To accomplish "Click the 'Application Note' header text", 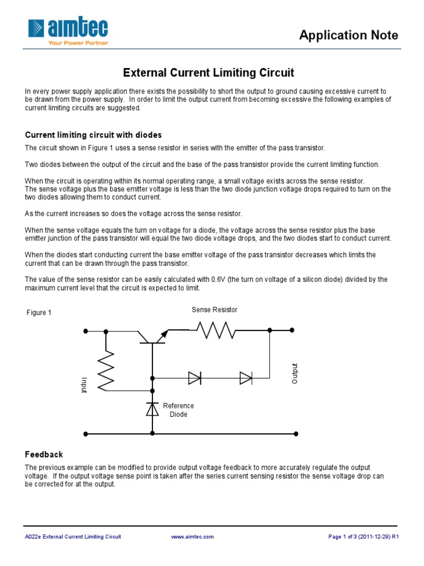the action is point(348,35).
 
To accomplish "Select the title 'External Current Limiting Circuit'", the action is point(208,72).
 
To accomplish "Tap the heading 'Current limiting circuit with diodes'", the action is point(93,135).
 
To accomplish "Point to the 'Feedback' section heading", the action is point(44,454).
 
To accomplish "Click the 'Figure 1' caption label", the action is point(39,313).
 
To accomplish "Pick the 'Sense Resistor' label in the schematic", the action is point(214,310).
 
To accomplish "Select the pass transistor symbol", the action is point(152,337).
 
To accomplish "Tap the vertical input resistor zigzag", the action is point(106,369).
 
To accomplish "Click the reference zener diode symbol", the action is point(152,409).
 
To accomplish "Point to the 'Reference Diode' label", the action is point(178,410).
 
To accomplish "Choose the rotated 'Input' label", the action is point(84,385).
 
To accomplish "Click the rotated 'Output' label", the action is point(295,374).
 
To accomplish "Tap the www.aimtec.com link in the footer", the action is point(193,537).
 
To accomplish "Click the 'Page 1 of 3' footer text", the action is point(363,537).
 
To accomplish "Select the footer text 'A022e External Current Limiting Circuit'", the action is point(73,537).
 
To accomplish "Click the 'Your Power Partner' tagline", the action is point(78,43).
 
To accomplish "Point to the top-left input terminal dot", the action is point(86,331).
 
